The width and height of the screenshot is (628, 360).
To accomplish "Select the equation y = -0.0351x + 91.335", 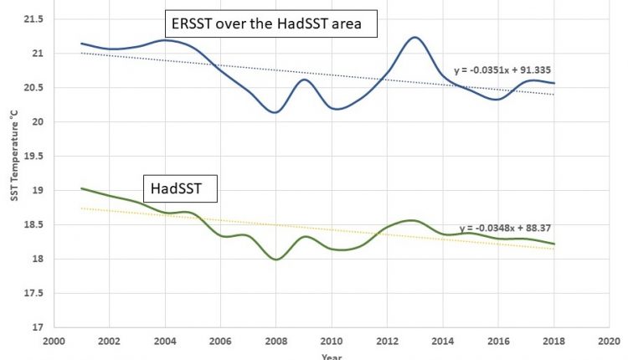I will [502, 70].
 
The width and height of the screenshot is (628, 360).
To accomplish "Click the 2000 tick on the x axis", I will [53, 342].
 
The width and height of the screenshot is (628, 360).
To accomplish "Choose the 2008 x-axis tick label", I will [275, 342].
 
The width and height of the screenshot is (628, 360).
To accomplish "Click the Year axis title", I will [332, 356].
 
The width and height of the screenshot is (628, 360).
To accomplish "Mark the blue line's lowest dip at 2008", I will [275, 112].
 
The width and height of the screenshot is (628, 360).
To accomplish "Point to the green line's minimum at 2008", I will [275, 260].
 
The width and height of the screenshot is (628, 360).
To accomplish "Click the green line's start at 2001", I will [81, 188].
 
